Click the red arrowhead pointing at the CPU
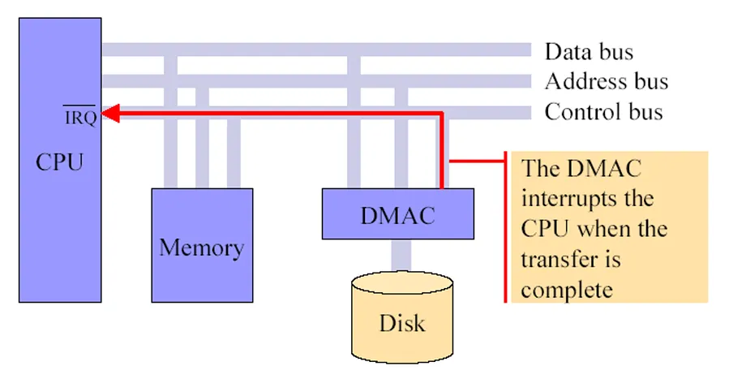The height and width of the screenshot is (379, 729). [110, 114]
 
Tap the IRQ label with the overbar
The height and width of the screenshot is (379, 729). [80, 116]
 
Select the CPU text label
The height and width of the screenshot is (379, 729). [59, 162]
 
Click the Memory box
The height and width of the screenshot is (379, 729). [202, 245]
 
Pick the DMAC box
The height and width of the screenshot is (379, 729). [398, 214]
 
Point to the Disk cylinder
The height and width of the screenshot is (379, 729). [402, 317]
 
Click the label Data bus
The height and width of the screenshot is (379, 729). [589, 52]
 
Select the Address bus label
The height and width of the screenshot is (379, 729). [607, 81]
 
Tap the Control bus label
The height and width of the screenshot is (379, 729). [604, 112]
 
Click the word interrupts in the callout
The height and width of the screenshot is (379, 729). [588, 199]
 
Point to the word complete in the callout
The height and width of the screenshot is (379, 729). [567, 291]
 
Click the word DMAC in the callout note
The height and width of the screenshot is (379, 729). [604, 168]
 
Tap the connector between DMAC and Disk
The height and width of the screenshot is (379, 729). [401, 256]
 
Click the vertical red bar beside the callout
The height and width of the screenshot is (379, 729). [506, 227]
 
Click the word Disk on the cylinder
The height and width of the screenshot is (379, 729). [402, 323]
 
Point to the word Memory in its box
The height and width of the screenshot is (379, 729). [202, 248]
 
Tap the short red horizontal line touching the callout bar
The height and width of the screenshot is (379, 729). [477, 162]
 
